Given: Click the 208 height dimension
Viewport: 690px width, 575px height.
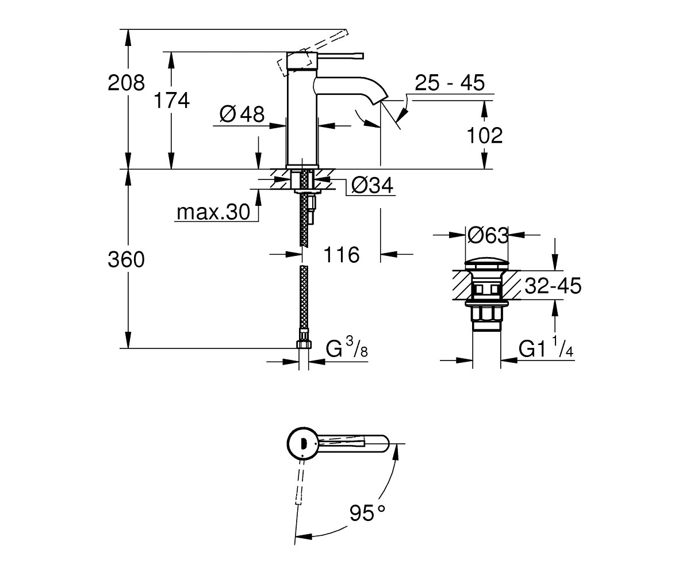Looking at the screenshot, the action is pyautogui.click(x=126, y=83).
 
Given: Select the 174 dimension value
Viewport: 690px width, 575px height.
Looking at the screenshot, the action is pyautogui.click(x=171, y=100).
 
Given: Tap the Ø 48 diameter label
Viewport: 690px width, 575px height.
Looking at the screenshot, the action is pyautogui.click(x=242, y=114).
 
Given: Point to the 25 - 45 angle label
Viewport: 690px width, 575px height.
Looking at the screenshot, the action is pyautogui.click(x=450, y=83).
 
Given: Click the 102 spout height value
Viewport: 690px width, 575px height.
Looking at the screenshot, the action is pyautogui.click(x=485, y=135).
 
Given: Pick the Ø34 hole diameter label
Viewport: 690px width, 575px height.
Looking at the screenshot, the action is pyautogui.click(x=372, y=185).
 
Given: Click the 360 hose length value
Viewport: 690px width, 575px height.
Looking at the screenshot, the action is pyautogui.click(x=126, y=259).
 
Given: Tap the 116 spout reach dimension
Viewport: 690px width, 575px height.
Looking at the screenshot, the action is pyautogui.click(x=342, y=255).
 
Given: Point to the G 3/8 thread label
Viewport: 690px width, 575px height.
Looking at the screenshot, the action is pyautogui.click(x=347, y=349).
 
